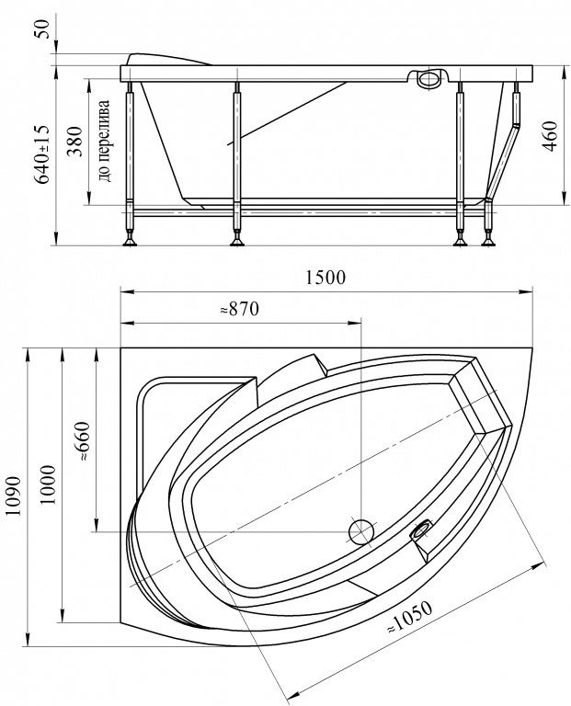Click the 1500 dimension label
point(325,278)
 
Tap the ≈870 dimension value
point(239,309)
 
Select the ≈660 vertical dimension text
point(84,441)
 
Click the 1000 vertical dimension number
point(48,484)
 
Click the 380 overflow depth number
point(75,141)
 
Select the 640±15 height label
point(42,154)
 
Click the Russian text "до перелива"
point(105,141)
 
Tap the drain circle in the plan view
point(361,531)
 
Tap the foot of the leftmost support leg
point(131,241)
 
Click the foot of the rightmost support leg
point(488,241)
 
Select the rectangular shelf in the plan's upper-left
point(194,427)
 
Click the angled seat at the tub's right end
point(481,395)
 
